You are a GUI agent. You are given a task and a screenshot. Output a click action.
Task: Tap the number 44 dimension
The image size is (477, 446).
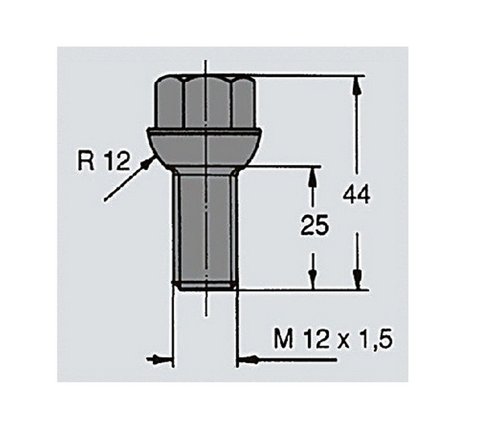coord(356,195)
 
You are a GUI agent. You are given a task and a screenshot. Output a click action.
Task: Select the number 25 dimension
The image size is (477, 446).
coord(315,225)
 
